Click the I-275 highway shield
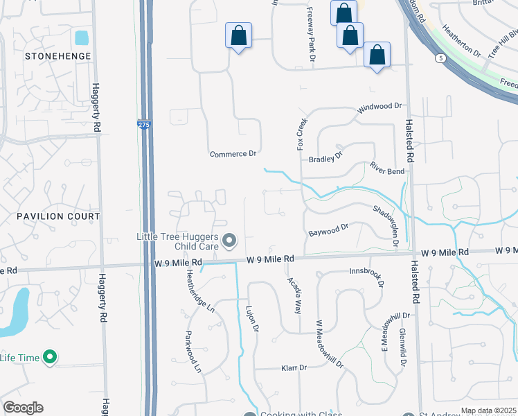(143, 124)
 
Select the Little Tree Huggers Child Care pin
(230, 241)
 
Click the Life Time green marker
(49, 358)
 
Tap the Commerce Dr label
(233, 153)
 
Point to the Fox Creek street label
(302, 134)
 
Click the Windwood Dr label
(379, 108)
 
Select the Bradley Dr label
(325, 159)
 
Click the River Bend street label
(386, 168)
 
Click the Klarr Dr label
(294, 368)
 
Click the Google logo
(23, 408)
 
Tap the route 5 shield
(440, 58)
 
